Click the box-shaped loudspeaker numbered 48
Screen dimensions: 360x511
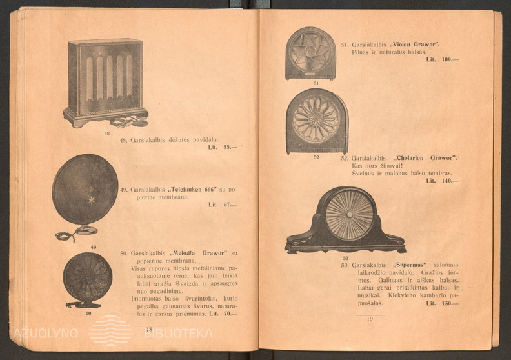105,81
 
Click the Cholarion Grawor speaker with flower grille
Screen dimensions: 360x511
316,121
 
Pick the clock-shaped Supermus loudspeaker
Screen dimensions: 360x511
347,219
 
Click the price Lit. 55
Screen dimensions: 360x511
223,147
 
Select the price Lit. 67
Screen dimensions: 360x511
223,205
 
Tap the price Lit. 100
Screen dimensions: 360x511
442,59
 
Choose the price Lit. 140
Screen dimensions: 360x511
442,181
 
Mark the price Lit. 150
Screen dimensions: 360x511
442,303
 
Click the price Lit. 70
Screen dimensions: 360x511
223,314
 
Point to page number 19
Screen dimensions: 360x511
370,319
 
